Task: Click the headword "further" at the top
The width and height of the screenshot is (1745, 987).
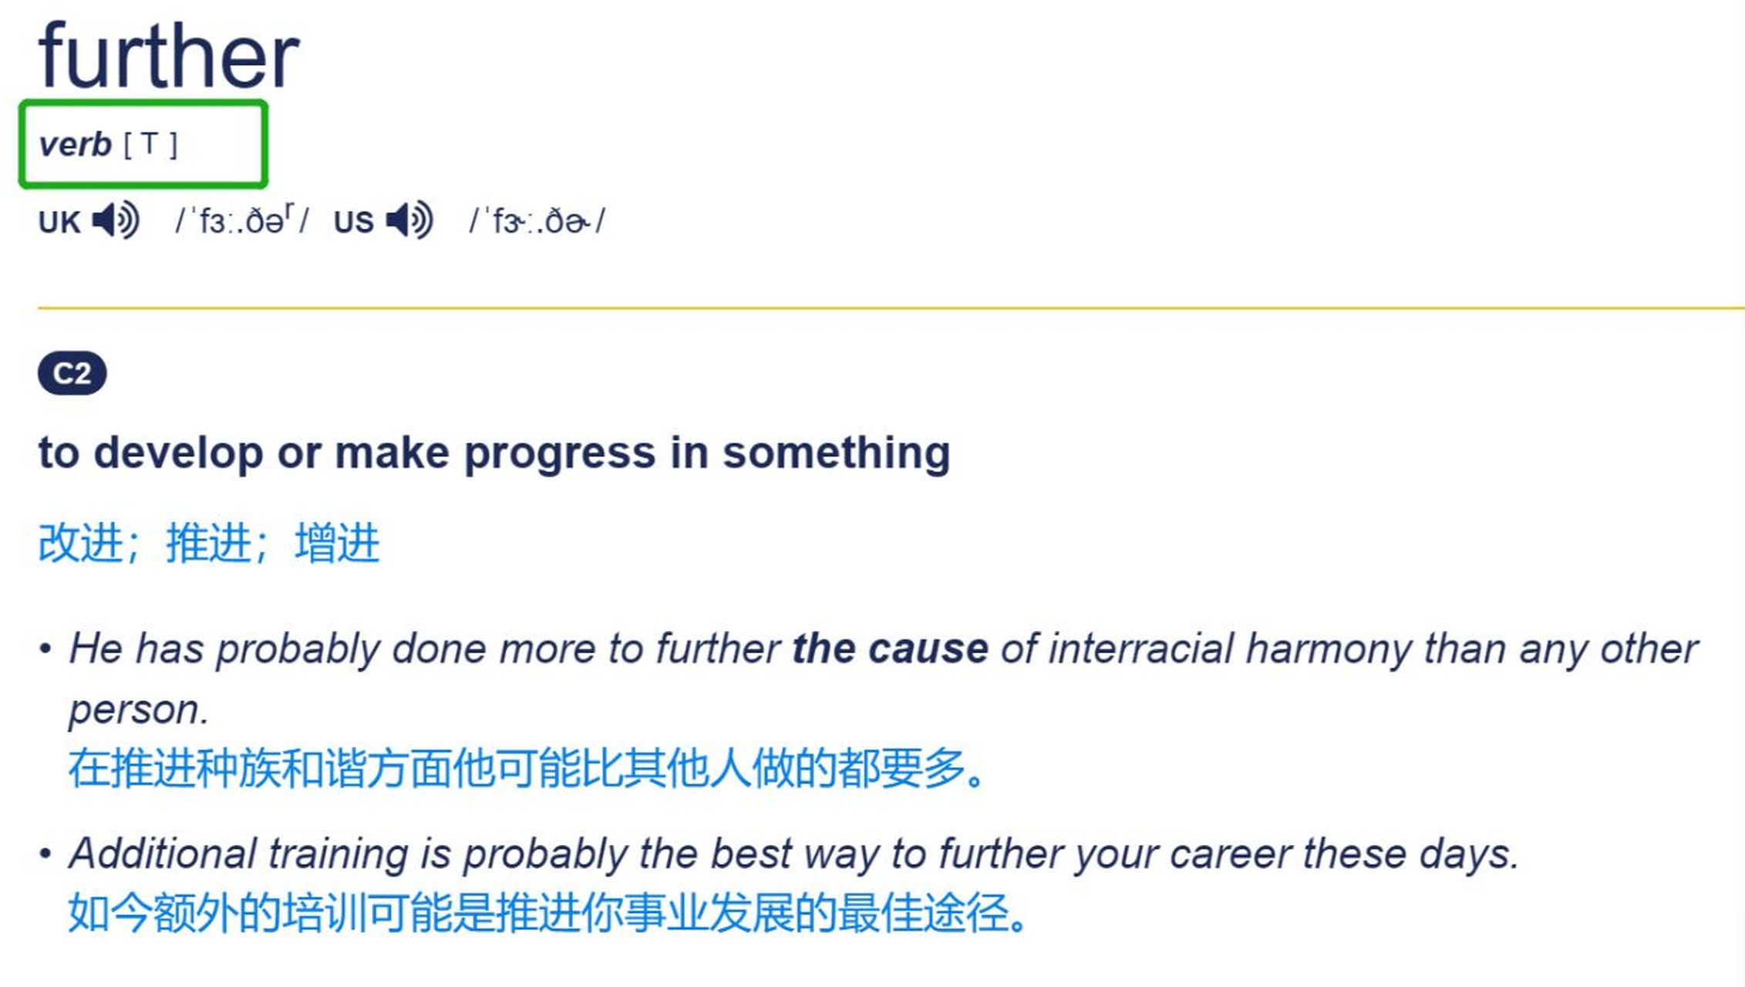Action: point(169,56)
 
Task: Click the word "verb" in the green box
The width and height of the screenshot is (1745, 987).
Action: point(75,144)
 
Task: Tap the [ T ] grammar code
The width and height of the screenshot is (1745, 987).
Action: point(150,144)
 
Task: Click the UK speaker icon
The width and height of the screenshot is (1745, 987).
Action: point(116,221)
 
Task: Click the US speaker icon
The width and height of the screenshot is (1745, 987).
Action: point(409,221)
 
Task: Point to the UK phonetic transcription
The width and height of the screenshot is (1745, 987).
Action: point(242,221)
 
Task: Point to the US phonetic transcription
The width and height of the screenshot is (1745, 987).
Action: point(537,221)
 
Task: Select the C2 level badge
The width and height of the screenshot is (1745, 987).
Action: point(72,373)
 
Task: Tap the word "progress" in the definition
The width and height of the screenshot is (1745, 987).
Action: point(559,453)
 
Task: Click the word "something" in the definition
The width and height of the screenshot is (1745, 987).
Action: point(836,453)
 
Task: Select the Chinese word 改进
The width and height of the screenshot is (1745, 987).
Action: point(81,543)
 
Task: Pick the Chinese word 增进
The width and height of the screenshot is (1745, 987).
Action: point(337,543)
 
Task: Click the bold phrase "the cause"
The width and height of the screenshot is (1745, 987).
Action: point(890,648)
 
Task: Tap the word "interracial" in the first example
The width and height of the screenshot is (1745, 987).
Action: point(1141,648)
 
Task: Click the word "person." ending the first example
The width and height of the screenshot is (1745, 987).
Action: point(139,709)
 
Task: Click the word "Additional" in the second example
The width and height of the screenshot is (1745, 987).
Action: point(162,854)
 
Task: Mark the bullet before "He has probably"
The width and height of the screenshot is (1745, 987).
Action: point(45,649)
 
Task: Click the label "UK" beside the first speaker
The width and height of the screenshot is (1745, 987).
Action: point(59,222)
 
